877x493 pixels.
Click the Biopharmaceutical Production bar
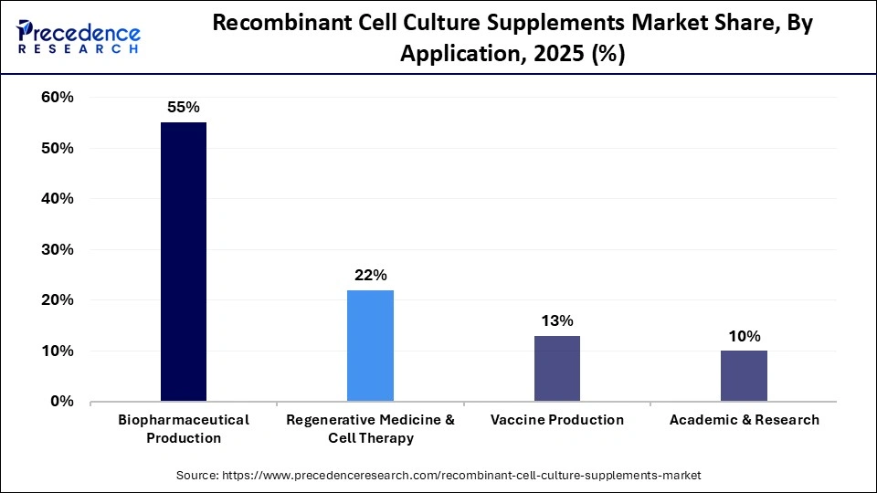tap(184, 262)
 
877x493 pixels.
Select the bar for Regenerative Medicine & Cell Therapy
tap(370, 346)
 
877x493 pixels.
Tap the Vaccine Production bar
tap(556, 369)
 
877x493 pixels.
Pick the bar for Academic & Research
tap(744, 376)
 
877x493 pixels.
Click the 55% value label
tap(184, 107)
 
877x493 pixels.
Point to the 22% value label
tap(370, 275)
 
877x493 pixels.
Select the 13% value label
tap(556, 320)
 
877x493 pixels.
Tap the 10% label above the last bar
tap(744, 336)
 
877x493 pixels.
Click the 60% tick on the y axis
tap(57, 98)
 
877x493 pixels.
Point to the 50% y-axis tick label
tap(57, 148)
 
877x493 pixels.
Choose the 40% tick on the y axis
tap(57, 199)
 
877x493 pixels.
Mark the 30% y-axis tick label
tap(57, 249)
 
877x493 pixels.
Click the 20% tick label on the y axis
tap(57, 300)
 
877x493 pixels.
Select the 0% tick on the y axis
tap(61, 402)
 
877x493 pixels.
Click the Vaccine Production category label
tap(556, 420)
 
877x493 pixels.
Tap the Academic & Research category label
tap(744, 420)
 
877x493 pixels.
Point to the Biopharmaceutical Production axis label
tap(184, 428)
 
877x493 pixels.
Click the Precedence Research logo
tap(79, 37)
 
